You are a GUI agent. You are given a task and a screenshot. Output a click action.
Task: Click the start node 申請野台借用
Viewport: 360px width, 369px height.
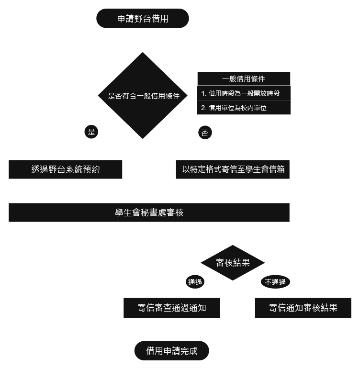[x=143, y=19]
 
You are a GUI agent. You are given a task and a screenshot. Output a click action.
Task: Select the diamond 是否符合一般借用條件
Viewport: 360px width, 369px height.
[x=143, y=96]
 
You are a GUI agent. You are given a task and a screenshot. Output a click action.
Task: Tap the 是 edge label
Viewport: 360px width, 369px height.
[x=91, y=132]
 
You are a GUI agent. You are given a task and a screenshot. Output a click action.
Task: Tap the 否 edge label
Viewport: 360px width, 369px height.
[x=205, y=133]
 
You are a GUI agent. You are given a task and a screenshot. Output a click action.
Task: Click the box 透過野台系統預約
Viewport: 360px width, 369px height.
[x=66, y=169]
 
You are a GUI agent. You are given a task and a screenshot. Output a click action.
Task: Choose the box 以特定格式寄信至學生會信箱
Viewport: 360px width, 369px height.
[x=233, y=169]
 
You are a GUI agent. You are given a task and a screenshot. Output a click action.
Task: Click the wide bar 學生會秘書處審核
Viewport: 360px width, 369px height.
[x=149, y=213]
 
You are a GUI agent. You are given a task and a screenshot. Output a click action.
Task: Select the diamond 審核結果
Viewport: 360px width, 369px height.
[x=233, y=263]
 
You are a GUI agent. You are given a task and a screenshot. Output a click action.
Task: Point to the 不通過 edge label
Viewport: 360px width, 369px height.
[x=276, y=282]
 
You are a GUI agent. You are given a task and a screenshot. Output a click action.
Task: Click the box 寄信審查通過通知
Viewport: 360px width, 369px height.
[x=172, y=308]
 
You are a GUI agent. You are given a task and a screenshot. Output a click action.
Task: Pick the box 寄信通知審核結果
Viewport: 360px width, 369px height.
[x=303, y=308]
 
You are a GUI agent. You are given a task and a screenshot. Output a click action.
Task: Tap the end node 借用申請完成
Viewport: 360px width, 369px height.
[x=172, y=351]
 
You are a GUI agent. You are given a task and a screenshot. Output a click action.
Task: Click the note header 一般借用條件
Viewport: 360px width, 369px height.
[x=244, y=78]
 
